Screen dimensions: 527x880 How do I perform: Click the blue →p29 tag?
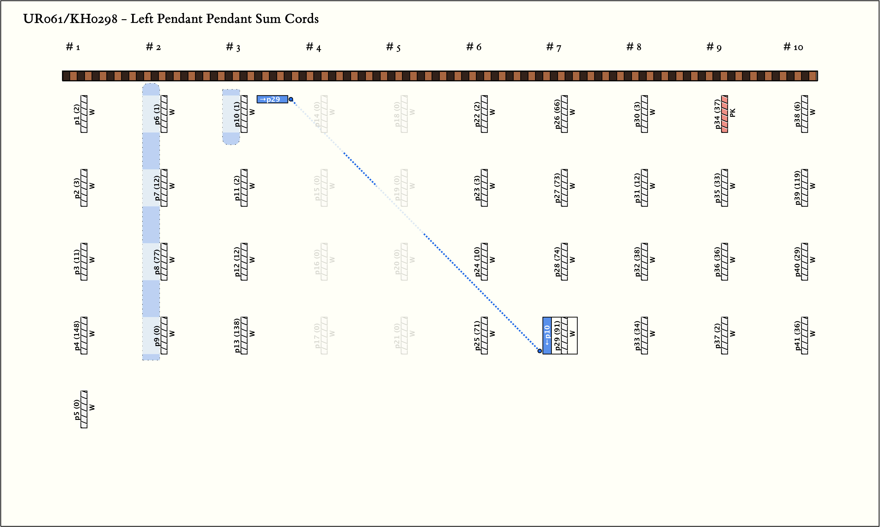coord(272,99)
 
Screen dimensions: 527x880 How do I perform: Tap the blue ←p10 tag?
coord(547,336)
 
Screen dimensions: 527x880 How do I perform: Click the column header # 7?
coord(554,47)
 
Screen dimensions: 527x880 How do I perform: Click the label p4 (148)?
coord(77,336)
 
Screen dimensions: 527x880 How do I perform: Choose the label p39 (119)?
coord(797,188)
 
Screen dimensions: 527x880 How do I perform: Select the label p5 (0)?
coord(77,409)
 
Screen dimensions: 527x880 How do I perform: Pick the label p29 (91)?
coord(557,336)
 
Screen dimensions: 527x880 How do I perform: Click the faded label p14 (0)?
coord(317,114)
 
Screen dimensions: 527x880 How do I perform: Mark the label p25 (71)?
coord(477,336)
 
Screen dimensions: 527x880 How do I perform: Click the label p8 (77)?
coord(157,262)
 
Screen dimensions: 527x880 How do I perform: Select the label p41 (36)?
coord(797,336)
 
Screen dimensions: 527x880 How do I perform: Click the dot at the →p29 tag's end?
coord(291,99)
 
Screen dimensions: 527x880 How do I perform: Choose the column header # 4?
coord(313,47)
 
